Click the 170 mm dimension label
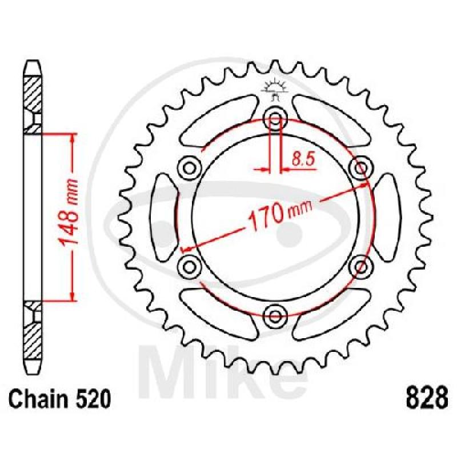click(x=280, y=215)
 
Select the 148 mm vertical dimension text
click(x=68, y=213)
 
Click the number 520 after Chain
click(x=93, y=399)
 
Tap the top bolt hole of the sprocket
click(x=275, y=119)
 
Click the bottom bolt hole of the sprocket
click(x=275, y=315)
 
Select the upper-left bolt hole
click(x=190, y=168)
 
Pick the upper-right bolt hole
click(x=361, y=168)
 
